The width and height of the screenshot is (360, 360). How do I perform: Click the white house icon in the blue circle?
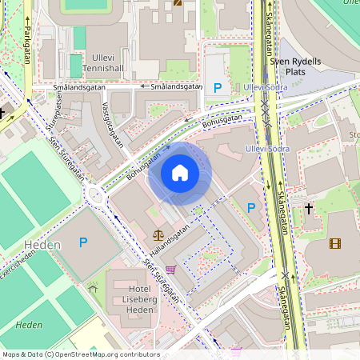[x=180, y=173]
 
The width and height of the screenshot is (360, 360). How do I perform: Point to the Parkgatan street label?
[x=26, y=42]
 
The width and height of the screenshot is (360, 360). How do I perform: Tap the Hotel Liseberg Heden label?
[x=130, y=298]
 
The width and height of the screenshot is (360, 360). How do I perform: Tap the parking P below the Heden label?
[x=82, y=242]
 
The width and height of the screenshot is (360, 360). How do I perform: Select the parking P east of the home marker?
[x=251, y=208]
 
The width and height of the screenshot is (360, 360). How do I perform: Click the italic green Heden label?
[x=29, y=325]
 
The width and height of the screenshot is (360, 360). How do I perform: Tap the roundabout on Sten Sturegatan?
[x=98, y=194]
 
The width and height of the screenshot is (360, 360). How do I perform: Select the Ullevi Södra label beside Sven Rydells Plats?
[x=266, y=86]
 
